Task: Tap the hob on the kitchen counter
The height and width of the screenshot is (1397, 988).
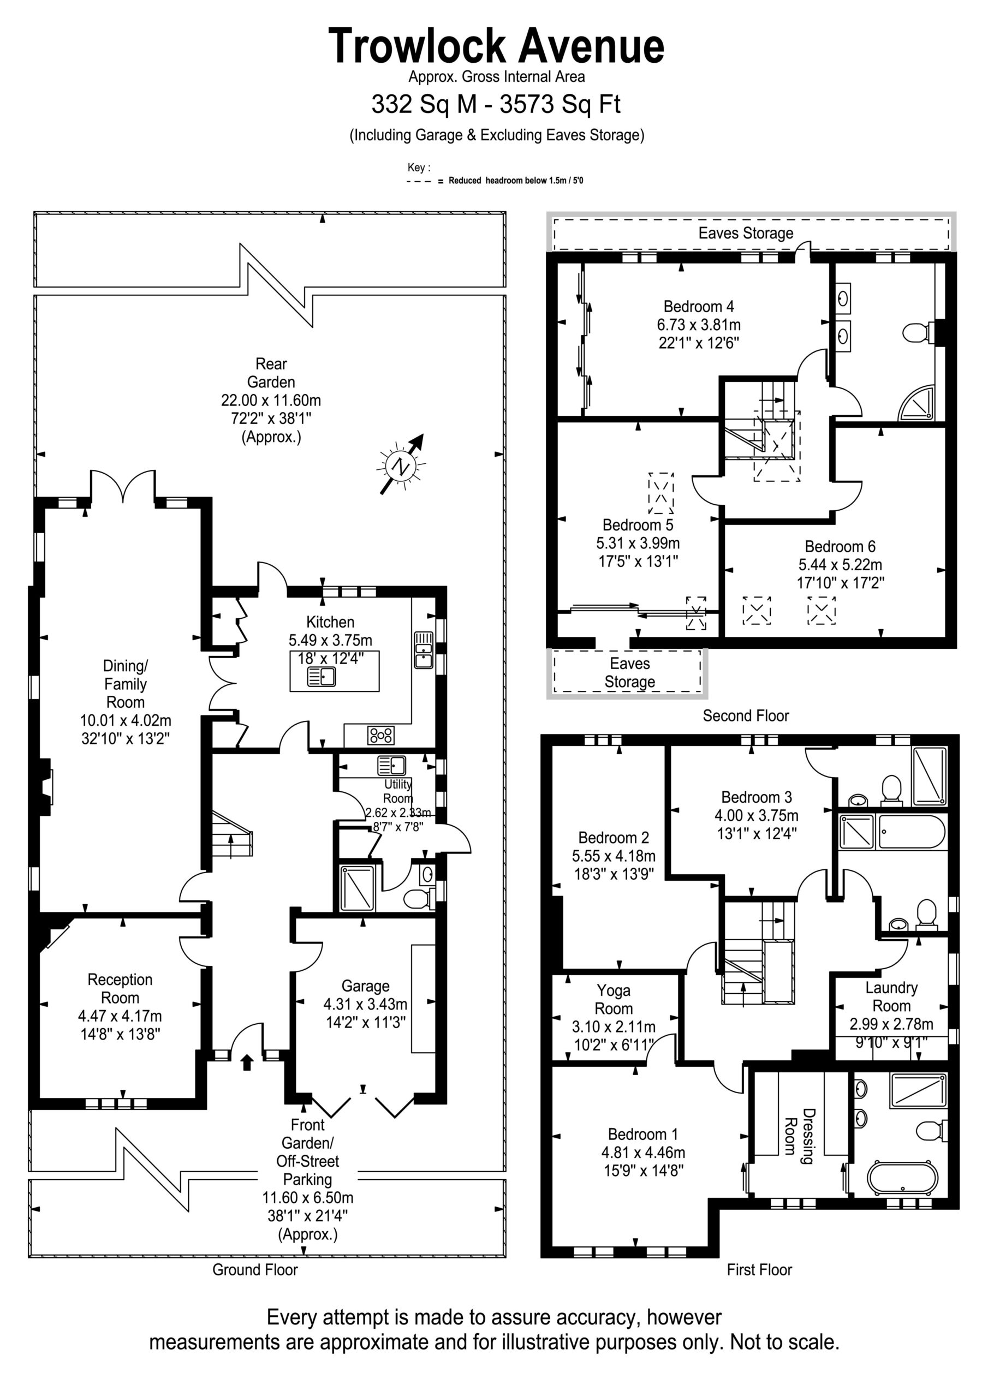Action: click(x=381, y=735)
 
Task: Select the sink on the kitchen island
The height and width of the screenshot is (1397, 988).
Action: click(x=322, y=677)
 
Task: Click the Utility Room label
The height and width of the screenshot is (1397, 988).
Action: click(x=397, y=791)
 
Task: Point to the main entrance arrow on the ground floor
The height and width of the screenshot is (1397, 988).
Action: click(x=247, y=1062)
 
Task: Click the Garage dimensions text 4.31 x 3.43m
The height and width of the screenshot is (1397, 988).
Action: click(x=365, y=1004)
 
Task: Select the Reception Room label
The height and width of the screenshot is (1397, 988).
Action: click(x=120, y=989)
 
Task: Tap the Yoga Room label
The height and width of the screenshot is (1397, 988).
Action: click(x=614, y=1000)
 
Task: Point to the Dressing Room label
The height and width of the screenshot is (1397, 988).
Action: click(x=799, y=1136)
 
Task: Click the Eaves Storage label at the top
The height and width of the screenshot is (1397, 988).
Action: click(x=746, y=233)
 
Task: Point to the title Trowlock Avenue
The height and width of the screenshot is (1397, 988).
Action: click(x=496, y=46)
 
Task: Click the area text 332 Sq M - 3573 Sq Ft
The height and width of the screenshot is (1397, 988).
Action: click(x=496, y=104)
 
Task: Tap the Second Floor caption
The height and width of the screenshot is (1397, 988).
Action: click(x=746, y=715)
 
